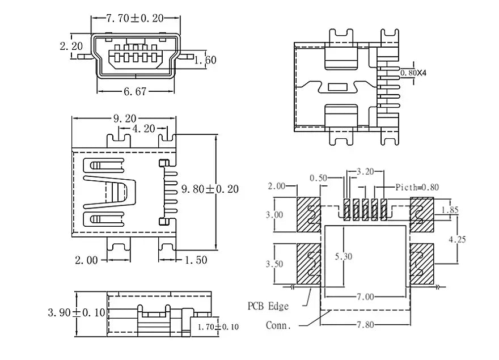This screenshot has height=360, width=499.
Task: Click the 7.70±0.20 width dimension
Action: [x=134, y=18]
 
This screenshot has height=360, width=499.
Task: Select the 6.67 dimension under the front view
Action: [x=136, y=92]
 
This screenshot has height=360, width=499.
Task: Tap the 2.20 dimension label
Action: [x=71, y=46]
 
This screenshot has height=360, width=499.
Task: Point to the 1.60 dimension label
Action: [x=206, y=60]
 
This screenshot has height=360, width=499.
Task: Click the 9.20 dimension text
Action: [x=125, y=118]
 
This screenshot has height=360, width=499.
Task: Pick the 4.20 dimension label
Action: [x=143, y=129]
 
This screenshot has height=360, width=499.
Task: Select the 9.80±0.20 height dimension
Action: [x=210, y=189]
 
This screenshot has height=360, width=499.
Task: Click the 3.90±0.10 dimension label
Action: [x=77, y=312]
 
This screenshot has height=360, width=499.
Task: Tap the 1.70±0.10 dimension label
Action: [x=218, y=327]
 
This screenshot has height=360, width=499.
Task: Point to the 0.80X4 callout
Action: [x=413, y=73]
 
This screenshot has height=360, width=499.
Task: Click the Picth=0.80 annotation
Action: [x=417, y=187]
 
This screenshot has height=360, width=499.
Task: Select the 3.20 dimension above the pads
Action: [x=365, y=172]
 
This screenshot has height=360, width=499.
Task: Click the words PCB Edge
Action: [x=268, y=306]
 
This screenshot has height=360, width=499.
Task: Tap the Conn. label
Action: [x=278, y=325]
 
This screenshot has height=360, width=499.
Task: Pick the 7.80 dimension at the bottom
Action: [x=365, y=325]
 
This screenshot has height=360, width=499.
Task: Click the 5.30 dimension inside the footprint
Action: [x=344, y=256]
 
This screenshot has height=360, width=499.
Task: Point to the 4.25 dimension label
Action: [x=457, y=239]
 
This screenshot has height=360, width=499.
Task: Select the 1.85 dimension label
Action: [x=450, y=210]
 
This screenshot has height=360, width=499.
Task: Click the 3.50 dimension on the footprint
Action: [x=274, y=264]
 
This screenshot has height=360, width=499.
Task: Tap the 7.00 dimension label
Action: [x=365, y=297]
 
